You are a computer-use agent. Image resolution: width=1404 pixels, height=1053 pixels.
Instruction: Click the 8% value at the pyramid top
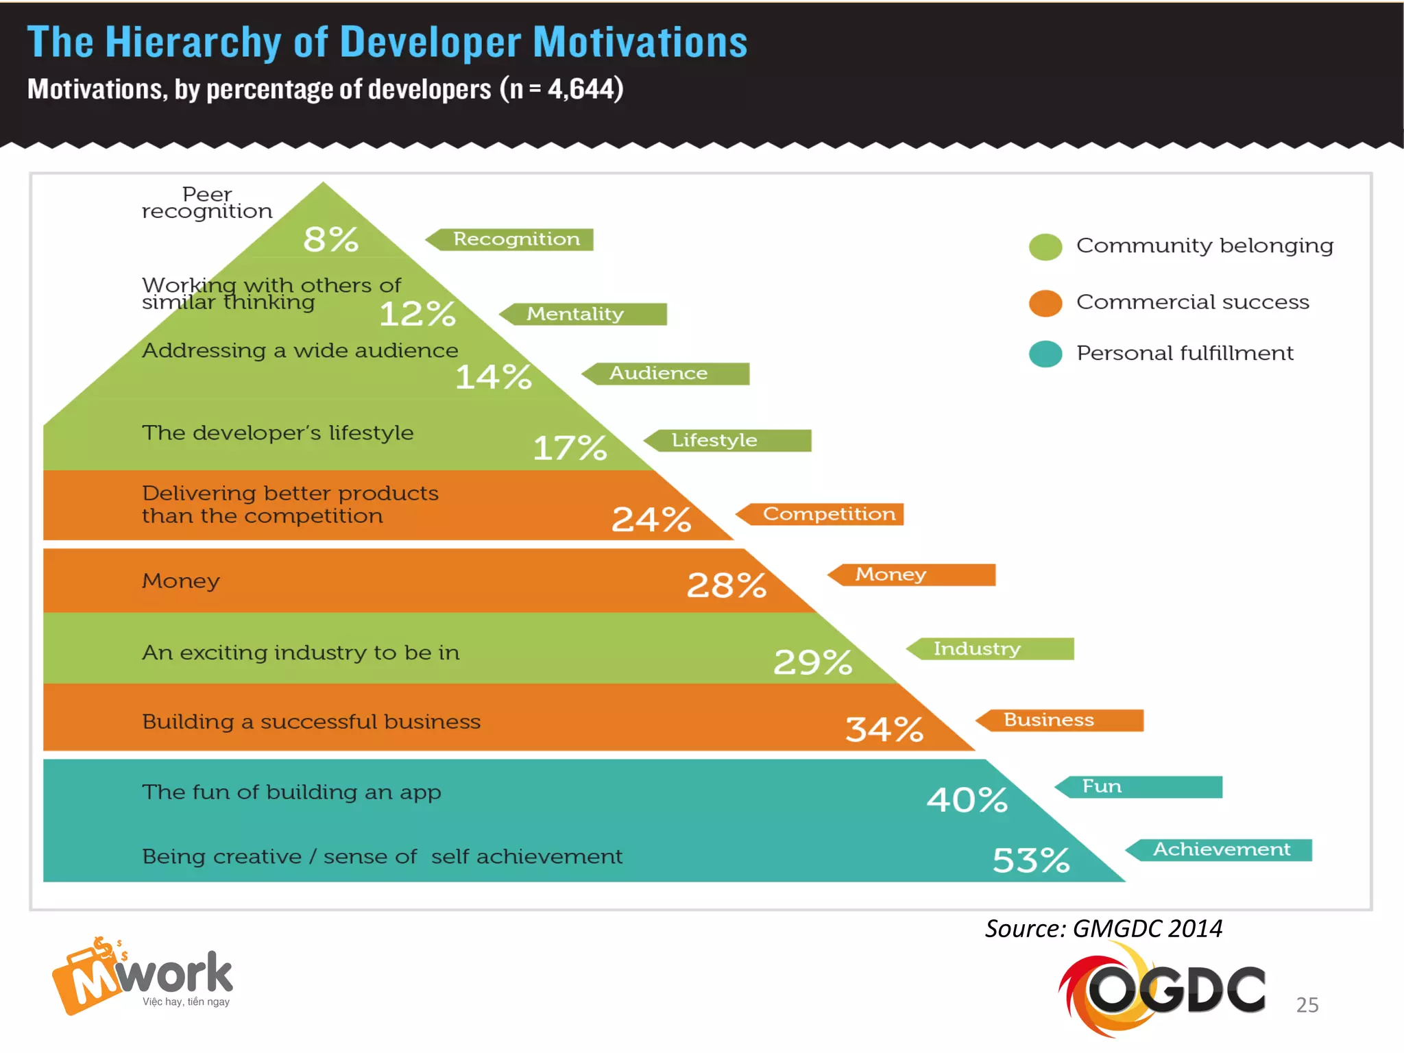pos(330,240)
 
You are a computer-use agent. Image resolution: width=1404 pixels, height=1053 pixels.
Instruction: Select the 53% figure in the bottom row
pos(1031,860)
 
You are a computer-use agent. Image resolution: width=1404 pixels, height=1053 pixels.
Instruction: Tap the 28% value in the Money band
pos(727,585)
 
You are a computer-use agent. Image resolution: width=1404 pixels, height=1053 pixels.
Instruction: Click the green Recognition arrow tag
pos(511,239)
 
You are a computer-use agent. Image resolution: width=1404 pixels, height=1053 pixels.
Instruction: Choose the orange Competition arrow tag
pos(821,514)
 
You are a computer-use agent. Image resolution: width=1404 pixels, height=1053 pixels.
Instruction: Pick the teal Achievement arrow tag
pos(1220,850)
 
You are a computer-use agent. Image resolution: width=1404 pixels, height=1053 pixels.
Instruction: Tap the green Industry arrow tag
pos(991,649)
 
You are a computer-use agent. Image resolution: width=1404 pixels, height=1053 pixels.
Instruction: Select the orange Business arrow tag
pos(1061,721)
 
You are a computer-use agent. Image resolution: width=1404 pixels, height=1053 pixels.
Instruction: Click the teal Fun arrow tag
pos(1139,787)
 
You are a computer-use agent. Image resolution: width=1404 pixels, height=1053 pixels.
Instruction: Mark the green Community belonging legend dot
pos(1045,247)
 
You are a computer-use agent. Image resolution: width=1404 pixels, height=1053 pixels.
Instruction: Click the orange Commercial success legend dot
pos(1045,303)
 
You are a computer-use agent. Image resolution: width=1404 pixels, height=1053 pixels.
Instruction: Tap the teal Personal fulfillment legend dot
pos(1045,354)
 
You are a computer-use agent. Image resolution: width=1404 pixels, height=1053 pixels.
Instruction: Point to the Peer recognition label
pos(207,203)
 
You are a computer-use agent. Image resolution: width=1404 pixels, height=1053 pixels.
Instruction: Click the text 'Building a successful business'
pos(311,722)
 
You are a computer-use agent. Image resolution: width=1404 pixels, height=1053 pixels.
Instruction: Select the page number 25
pos(1307,1005)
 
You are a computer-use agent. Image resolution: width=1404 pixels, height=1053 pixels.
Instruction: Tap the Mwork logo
pos(143,976)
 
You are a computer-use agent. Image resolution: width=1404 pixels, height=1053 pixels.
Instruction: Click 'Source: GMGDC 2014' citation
pos(1104,929)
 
